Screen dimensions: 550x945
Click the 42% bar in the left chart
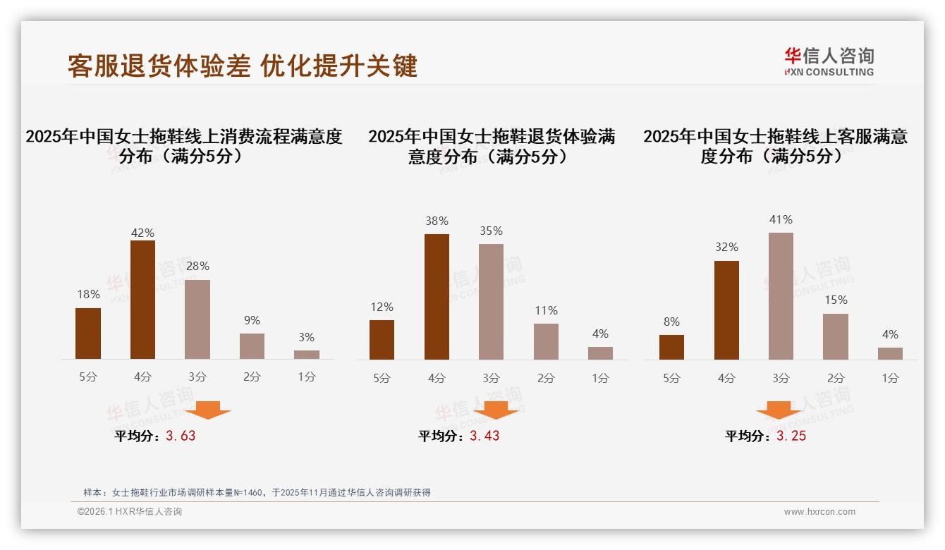tap(142, 300)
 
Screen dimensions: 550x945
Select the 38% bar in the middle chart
tap(437, 297)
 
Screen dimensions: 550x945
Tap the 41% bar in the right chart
tap(781, 296)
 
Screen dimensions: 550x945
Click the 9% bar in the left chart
tap(252, 346)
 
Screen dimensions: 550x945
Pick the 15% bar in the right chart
tap(836, 336)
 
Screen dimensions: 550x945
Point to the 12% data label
tap(382, 307)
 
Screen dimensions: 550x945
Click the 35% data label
tap(491, 231)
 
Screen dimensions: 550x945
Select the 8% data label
tap(671, 322)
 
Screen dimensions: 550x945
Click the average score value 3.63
tap(181, 436)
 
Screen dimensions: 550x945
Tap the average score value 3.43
tap(484, 436)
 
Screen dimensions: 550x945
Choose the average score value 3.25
tap(791, 436)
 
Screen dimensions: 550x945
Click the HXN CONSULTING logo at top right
tap(829, 62)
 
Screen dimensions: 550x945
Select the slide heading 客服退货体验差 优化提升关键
tap(243, 66)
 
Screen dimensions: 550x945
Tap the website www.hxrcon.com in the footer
tap(819, 512)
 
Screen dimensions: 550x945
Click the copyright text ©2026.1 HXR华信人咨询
tap(130, 512)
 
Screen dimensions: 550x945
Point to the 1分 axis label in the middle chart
tap(600, 378)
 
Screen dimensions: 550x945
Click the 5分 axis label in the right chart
tap(671, 378)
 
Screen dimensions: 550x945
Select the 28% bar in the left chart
tap(197, 319)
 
